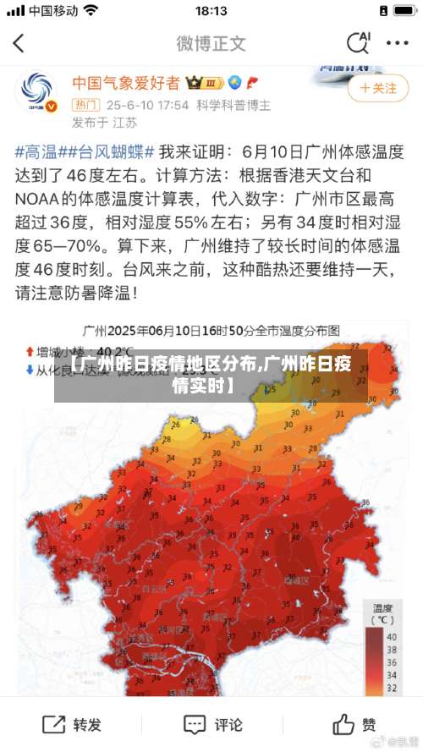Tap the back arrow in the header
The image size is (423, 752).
19,43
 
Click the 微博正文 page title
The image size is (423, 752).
211,43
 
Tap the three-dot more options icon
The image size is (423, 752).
397,43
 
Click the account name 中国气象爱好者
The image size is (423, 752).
125,83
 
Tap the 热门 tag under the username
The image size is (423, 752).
85,106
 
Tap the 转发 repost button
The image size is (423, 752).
72,725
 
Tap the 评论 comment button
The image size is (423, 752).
213,725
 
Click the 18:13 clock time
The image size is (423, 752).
211,12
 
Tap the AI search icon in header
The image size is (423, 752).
358,42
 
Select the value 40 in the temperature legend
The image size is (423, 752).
391,636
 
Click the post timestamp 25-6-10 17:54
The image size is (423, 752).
147,106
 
